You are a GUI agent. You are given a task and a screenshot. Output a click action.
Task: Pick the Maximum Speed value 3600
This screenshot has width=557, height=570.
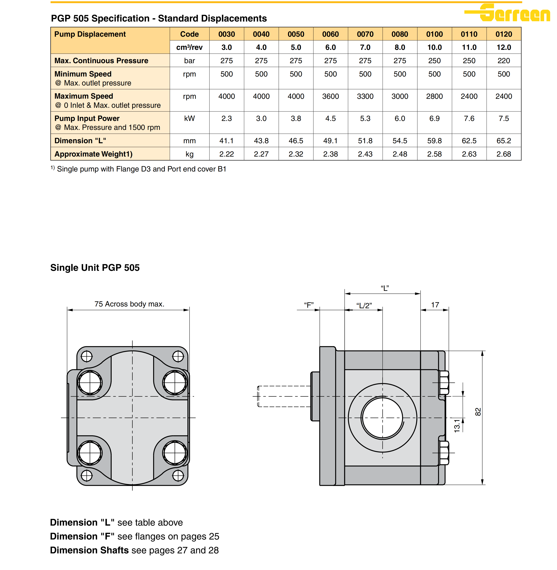point(330,96)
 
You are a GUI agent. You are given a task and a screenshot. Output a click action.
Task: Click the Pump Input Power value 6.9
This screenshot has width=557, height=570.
point(434,118)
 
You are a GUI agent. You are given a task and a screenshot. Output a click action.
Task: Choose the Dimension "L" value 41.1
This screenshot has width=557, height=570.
point(226,141)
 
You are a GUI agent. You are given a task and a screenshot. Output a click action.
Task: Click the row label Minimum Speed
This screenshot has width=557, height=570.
point(83,74)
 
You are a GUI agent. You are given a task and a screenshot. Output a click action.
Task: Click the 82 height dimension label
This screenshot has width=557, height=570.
point(478,412)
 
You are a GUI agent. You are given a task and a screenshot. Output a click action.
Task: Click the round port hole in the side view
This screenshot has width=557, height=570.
point(382,418)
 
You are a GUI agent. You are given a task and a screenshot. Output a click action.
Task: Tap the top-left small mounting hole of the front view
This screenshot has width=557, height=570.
point(87,357)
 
